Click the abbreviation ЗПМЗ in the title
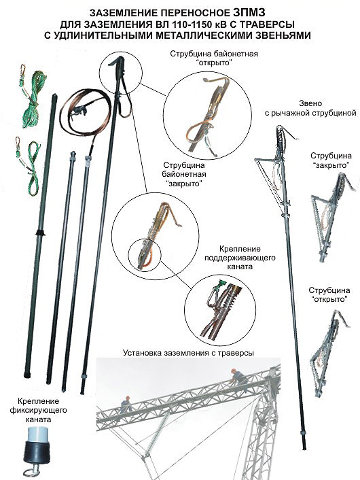coord(249,13)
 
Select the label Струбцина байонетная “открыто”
coord(214,58)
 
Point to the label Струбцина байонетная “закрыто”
coord(185,174)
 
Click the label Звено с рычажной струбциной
coord(310,108)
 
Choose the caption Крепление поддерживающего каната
coord(240,258)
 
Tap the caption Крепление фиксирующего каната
coord(38,410)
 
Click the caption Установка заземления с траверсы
coord(188,353)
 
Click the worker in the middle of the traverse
coord(126,404)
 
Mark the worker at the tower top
coord(238,377)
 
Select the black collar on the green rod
coord(40,233)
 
